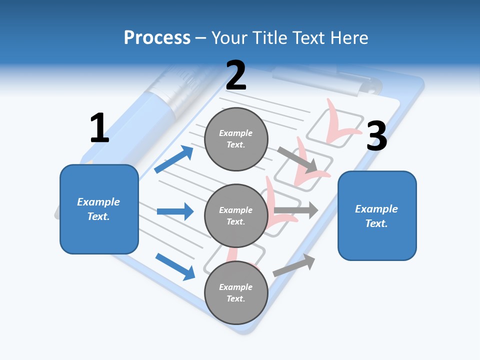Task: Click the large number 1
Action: pos(99,128)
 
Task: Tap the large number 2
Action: pos(236,75)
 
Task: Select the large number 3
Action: pos(376,136)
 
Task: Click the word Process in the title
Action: pos(157,37)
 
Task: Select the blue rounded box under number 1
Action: pos(99,209)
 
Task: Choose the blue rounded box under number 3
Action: pos(377,215)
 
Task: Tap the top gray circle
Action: pos(236,139)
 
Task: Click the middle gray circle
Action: pos(236,215)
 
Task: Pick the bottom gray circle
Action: pos(236,292)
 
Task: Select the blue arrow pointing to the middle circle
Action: pos(175,211)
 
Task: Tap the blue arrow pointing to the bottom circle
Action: pos(175,266)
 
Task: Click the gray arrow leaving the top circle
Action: pos(297,159)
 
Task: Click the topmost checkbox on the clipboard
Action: pos(335,129)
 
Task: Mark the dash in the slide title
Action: pos(201,38)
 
